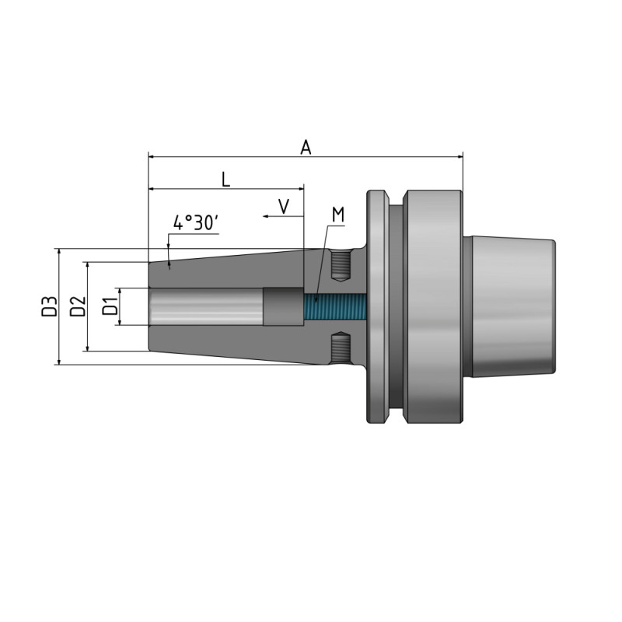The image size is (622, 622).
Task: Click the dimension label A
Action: (306, 146)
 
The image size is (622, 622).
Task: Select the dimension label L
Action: (225, 179)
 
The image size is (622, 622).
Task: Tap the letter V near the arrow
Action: (284, 206)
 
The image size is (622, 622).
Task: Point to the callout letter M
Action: (337, 214)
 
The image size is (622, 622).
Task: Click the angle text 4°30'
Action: (196, 223)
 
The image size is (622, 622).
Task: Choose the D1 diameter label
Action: (110, 306)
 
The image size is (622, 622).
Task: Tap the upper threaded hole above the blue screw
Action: (340, 266)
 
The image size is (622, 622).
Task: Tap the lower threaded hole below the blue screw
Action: (340, 348)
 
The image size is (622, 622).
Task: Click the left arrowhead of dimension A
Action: (151, 156)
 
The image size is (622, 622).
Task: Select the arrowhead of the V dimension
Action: (265, 218)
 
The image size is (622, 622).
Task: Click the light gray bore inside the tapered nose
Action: (206, 306)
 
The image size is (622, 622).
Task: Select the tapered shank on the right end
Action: (513, 306)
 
